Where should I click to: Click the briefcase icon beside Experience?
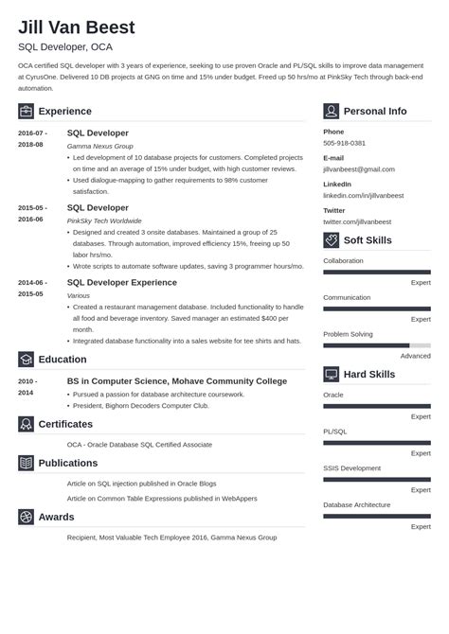pyautogui.click(x=26, y=111)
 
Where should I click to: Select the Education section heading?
pyautogui.click(x=62, y=360)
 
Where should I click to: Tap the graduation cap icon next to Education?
pyautogui.click(x=26, y=360)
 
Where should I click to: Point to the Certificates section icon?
pyautogui.click(x=26, y=424)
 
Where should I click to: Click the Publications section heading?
pyautogui.click(x=67, y=463)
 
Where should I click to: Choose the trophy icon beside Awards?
pyautogui.click(x=26, y=517)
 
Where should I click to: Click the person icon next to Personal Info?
pyautogui.click(x=331, y=111)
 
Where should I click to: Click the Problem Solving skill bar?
pyautogui.click(x=376, y=345)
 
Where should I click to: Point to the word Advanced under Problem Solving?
pyautogui.click(x=415, y=356)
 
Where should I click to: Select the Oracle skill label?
pyautogui.click(x=333, y=395)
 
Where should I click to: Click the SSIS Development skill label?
pyautogui.click(x=351, y=467)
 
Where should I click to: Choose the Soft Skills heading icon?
pyautogui.click(x=331, y=240)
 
